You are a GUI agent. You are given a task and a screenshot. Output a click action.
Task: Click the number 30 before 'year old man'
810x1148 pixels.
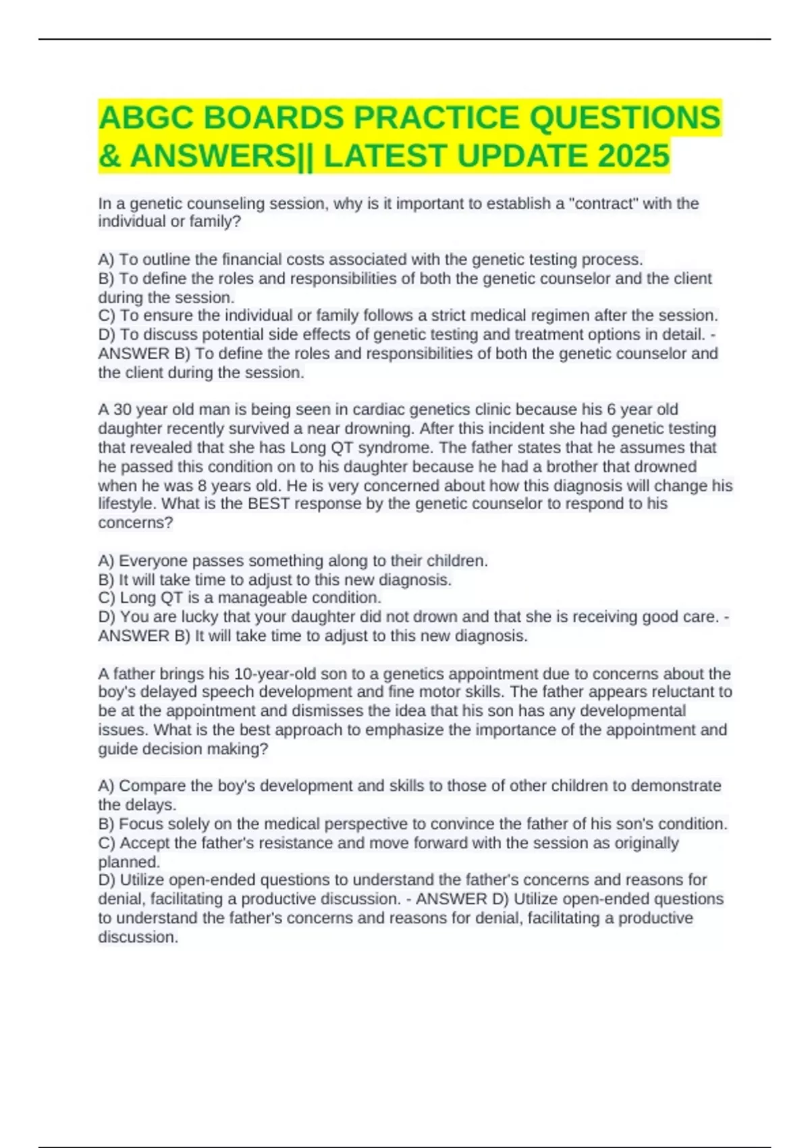122,409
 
